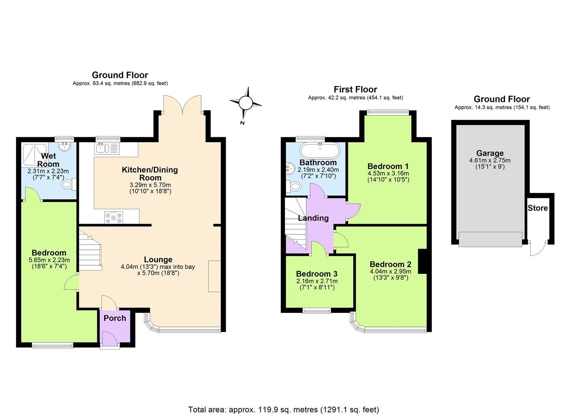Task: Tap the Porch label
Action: click(115, 318)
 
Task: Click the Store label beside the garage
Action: click(537, 208)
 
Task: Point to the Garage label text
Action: click(489, 153)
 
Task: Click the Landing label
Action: click(313, 218)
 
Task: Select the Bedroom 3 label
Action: click(316, 274)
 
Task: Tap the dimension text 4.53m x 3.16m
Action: click(388, 173)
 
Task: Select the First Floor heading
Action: click(355, 90)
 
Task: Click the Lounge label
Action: click(158, 259)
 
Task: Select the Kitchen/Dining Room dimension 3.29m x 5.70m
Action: click(150, 185)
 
